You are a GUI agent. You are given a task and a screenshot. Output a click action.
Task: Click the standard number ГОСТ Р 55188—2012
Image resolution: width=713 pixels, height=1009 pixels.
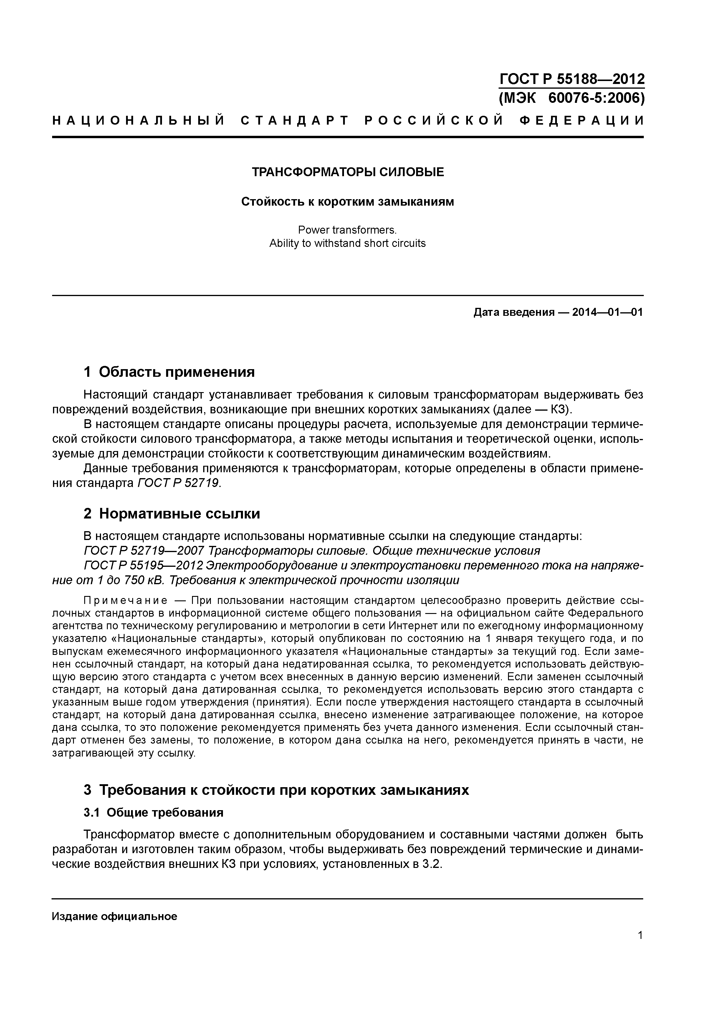pos(572,79)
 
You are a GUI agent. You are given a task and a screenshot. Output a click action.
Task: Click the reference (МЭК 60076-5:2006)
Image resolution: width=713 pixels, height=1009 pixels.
pos(572,98)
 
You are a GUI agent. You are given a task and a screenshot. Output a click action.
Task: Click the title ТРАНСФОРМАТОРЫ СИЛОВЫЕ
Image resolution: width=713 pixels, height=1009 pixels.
pos(348,172)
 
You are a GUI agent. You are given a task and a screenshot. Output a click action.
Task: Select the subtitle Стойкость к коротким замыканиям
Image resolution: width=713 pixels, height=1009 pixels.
pos(348,202)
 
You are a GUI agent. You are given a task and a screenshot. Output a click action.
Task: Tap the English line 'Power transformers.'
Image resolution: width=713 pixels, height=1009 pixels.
pos(348,230)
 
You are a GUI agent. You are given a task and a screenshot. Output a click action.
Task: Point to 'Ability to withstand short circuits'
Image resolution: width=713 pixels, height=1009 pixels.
pos(348,243)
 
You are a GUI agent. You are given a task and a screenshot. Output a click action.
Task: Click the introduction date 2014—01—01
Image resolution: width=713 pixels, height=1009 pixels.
pos(608,313)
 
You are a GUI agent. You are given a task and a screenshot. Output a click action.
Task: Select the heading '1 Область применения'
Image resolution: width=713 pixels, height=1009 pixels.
pos(169,372)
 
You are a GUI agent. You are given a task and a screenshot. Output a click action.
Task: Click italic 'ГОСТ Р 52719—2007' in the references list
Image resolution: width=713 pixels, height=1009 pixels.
pos(144,551)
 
